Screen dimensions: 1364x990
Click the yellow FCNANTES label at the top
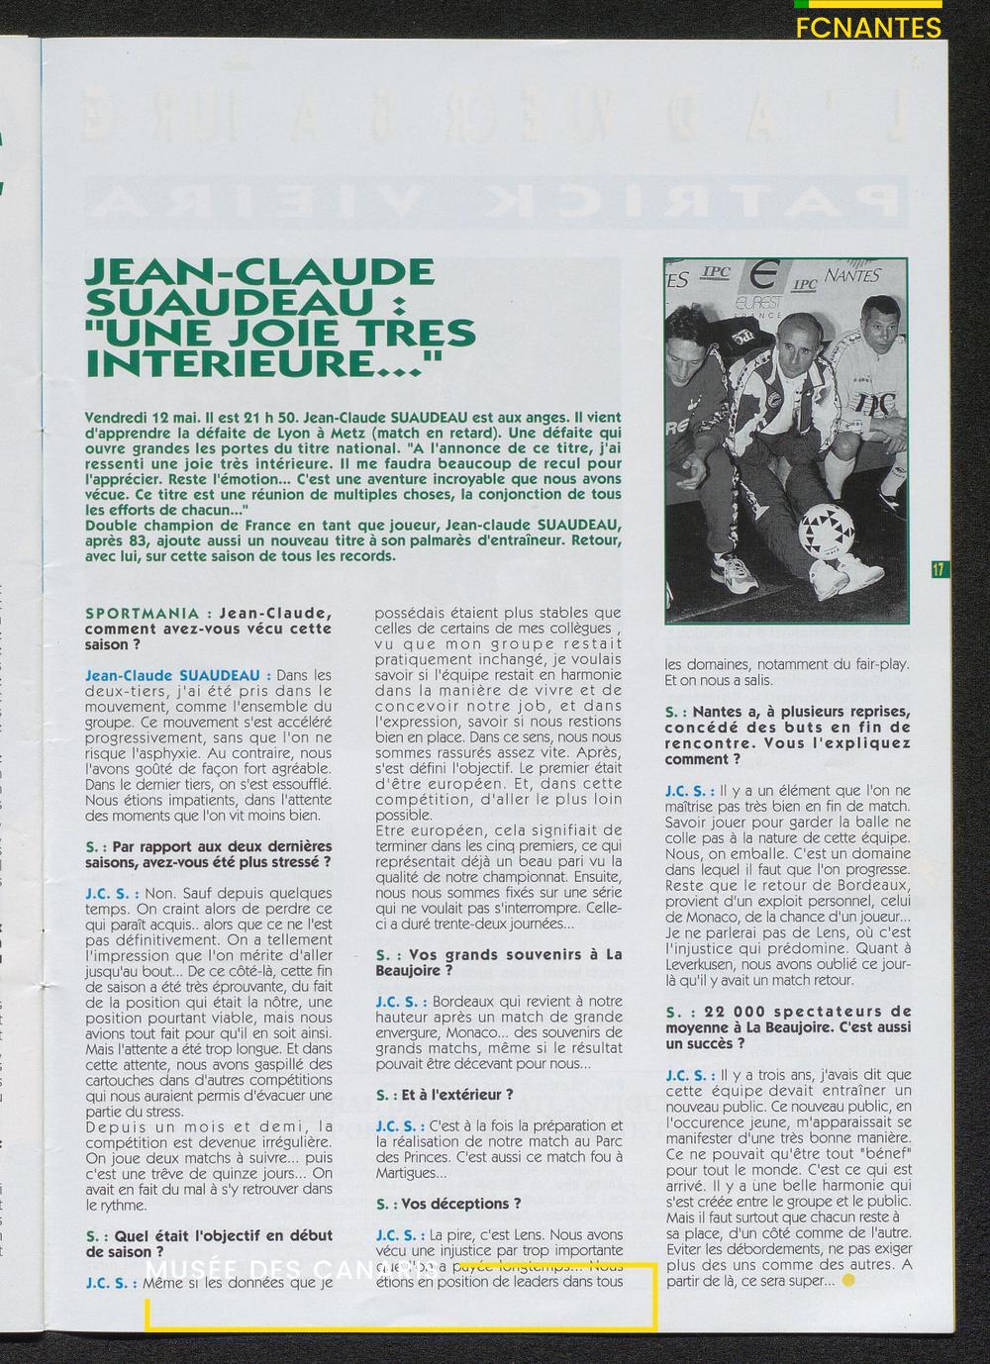click(868, 28)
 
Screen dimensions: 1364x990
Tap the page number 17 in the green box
click(939, 569)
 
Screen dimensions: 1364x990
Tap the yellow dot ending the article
click(847, 1281)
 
